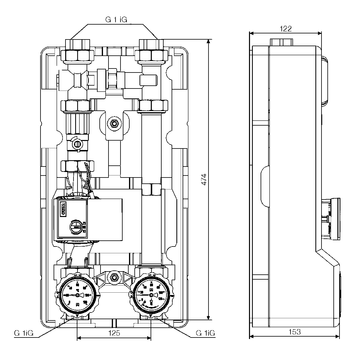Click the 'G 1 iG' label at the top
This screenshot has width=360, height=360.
coord(117,17)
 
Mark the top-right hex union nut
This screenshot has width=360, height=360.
coord(154,47)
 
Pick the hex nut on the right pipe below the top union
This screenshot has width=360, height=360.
coord(154,103)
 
